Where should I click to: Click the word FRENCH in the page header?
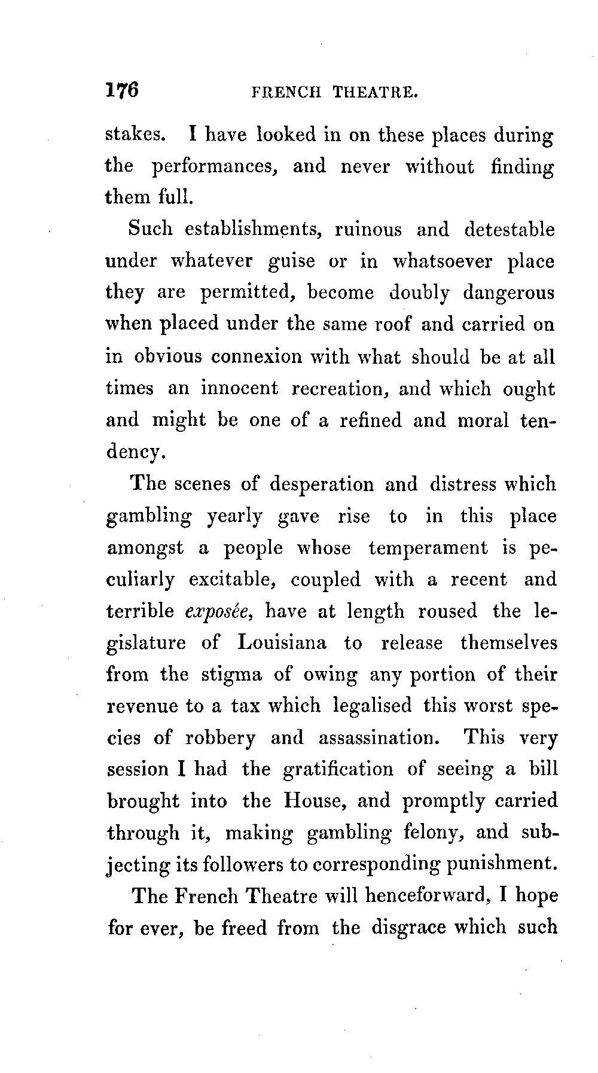pos(286,93)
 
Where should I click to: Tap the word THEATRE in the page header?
pos(374,93)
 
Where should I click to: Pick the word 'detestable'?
pos(509,230)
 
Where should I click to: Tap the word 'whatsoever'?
pos(443,262)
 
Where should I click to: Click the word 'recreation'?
pos(341,389)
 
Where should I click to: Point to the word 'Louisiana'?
pos(282,643)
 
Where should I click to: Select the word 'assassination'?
pos(379,738)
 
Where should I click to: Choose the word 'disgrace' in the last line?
pos(408,928)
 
